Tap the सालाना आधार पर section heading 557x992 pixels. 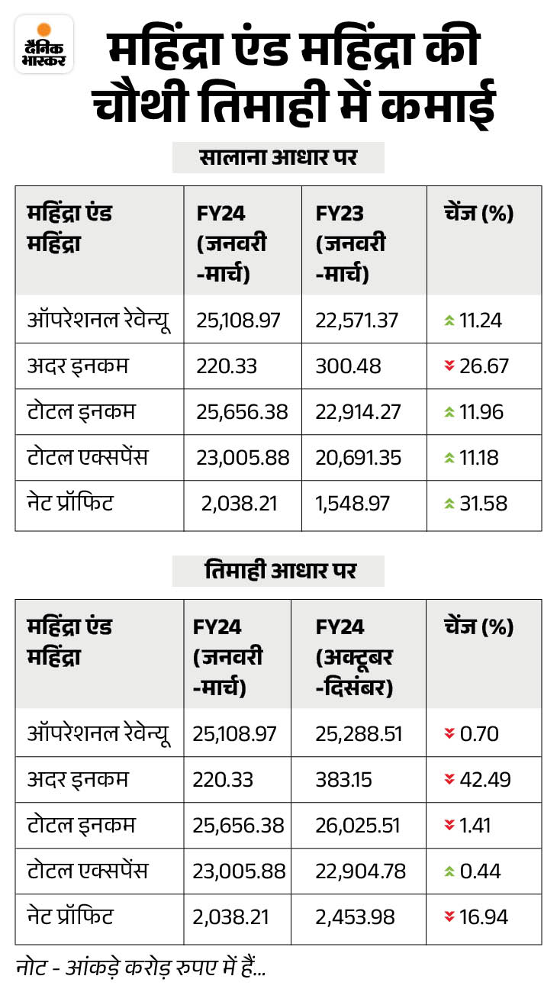click(x=278, y=158)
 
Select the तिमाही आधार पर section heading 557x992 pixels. click(x=278, y=570)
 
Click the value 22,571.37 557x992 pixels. click(x=356, y=320)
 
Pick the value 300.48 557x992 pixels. click(x=343, y=366)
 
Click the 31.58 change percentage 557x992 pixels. click(x=483, y=503)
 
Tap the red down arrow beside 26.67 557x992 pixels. click(x=449, y=366)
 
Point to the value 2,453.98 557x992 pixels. click(x=355, y=916)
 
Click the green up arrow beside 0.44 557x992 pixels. click(x=449, y=871)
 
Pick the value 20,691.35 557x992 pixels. click(x=356, y=457)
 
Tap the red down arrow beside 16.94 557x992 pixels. click(x=449, y=916)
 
